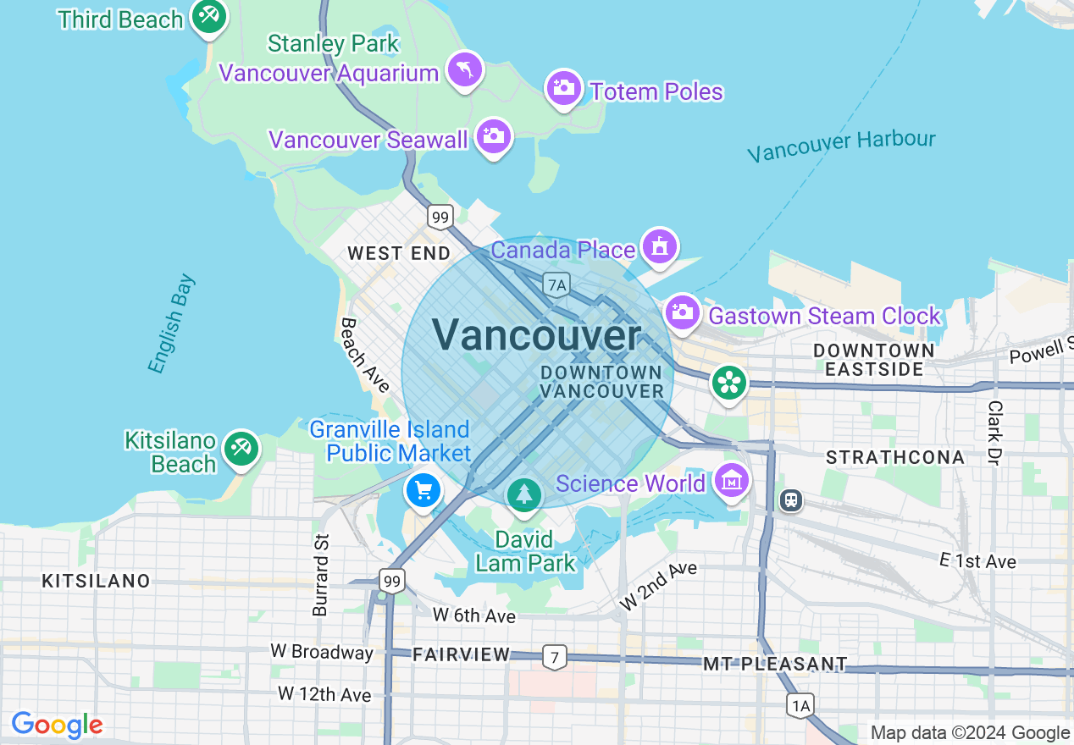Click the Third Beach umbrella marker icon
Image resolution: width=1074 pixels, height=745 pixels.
click(208, 16)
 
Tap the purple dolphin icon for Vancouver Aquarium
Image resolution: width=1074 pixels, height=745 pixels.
click(465, 69)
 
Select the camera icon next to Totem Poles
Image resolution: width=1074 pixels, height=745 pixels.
click(563, 87)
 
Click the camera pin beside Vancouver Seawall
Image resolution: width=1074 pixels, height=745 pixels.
click(493, 135)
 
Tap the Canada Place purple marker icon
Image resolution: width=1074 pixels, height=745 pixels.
click(660, 246)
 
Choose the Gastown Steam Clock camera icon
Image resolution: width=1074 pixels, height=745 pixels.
click(682, 312)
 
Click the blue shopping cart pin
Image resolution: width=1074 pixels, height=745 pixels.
click(423, 489)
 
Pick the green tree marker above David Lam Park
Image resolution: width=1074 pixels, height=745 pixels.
click(524, 494)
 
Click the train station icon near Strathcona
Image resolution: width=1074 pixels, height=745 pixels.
click(791, 500)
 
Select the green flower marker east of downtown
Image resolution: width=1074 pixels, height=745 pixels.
click(727, 383)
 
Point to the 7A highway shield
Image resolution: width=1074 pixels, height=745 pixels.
click(556, 284)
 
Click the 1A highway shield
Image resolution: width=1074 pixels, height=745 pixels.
click(800, 704)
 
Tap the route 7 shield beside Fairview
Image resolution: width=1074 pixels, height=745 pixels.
click(554, 656)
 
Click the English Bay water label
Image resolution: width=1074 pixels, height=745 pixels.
click(171, 323)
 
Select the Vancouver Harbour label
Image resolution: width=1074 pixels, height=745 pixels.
click(841, 146)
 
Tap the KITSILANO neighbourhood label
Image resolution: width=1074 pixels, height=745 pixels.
click(97, 581)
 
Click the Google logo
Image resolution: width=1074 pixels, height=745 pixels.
click(57, 726)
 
